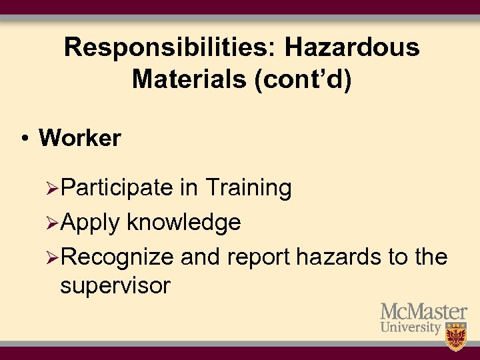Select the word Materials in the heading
coord(190,79)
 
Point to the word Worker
coord(80,138)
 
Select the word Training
coord(248,189)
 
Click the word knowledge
coord(184,222)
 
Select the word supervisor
coord(115,287)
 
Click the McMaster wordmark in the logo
coord(423,311)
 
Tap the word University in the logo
coord(411,328)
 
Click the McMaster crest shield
coord(456,335)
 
